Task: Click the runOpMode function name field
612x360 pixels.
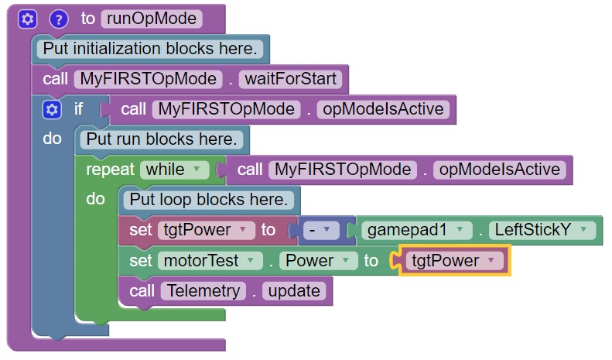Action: [x=152, y=18]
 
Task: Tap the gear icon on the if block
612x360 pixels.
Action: [x=52, y=109]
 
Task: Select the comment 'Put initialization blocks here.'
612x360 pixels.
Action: [x=150, y=48]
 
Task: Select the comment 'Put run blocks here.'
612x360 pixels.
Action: [x=162, y=139]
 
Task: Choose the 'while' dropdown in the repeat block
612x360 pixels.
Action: [x=173, y=170]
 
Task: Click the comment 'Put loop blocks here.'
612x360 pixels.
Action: [x=208, y=200]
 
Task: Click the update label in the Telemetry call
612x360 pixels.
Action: [x=295, y=291]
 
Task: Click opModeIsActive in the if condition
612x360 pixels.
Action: [x=383, y=109]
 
